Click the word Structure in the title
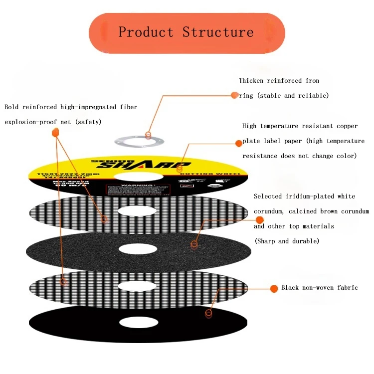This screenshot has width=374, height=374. [x=218, y=32]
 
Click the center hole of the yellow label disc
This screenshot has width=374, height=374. [x=138, y=177]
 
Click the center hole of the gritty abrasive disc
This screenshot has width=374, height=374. [x=138, y=248]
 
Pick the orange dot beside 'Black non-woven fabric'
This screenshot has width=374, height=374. [x=273, y=288]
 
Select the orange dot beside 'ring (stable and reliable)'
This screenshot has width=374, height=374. [x=235, y=95]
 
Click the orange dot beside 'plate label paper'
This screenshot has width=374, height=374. [x=239, y=143]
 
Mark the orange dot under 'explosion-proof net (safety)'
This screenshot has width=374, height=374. [x=55, y=132]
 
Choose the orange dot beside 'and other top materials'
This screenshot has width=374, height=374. [x=259, y=220]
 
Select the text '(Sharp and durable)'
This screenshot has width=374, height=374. [x=286, y=241]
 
